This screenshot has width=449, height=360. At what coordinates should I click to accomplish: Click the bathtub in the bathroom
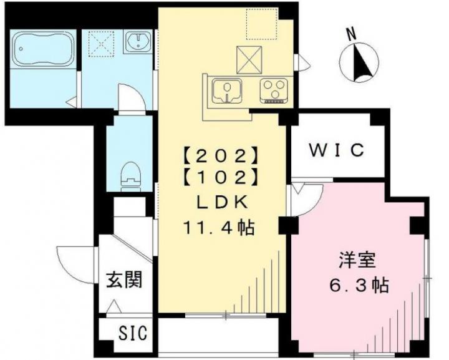coord(44,49)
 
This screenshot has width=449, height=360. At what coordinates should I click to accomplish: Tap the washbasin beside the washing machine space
coord(138,42)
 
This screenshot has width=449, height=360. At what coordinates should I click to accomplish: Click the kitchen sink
coord(227,90)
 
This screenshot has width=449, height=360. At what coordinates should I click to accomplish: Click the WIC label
coord(337,150)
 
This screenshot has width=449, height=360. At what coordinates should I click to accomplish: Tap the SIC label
coord(133,333)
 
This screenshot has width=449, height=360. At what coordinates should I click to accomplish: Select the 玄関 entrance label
coord(124,280)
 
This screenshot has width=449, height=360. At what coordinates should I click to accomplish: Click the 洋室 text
coord(357,260)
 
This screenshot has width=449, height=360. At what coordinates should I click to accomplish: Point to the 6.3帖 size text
coord(359,285)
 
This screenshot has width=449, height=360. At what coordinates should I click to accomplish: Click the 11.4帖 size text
coord(219,228)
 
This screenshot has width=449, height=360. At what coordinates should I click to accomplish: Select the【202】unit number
coord(220,155)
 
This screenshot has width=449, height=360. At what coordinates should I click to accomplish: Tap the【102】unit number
coord(220,178)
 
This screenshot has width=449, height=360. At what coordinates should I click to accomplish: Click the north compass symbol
coord(359,62)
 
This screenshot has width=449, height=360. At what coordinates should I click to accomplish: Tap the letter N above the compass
coord(351,34)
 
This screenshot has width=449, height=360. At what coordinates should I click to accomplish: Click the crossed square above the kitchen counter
coord(249,59)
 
